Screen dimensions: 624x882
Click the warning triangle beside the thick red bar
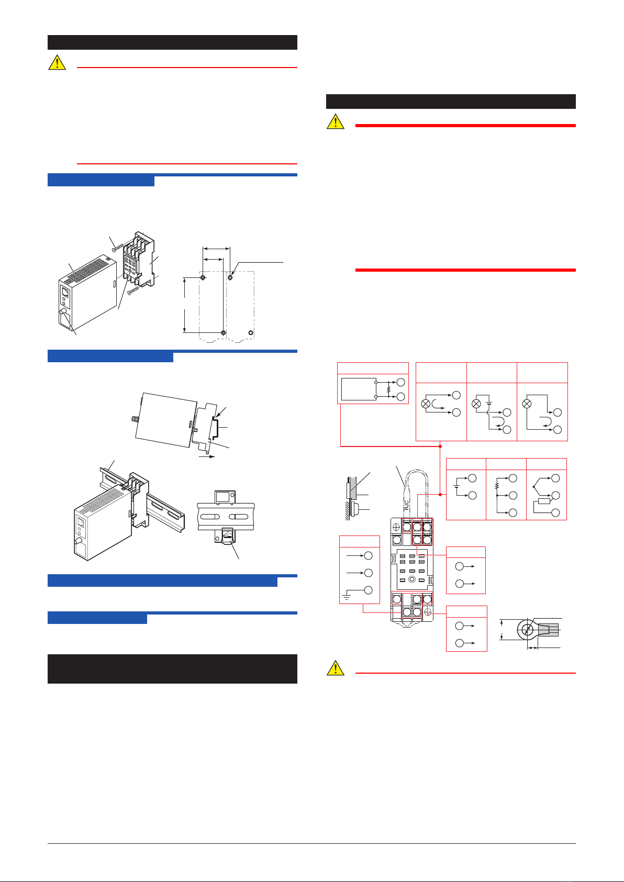click(336, 121)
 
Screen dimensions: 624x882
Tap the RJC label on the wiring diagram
click(407, 505)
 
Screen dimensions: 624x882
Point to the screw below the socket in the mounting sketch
click(134, 291)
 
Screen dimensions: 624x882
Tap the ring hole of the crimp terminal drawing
click(527, 630)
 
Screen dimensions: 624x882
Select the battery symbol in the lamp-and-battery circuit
click(489, 403)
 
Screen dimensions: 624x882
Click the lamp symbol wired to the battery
click(476, 404)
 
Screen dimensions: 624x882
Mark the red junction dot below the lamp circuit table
click(440, 446)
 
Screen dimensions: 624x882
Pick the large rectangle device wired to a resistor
click(359, 389)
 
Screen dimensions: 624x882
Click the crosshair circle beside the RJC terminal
click(396, 527)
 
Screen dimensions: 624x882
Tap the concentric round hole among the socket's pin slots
click(412, 579)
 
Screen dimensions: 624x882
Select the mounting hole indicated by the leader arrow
click(230, 277)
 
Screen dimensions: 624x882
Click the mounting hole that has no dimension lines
click(251, 333)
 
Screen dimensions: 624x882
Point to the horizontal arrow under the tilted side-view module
click(207, 457)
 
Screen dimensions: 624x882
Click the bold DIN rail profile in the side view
click(215, 429)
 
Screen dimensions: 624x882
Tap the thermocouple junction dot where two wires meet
click(533, 487)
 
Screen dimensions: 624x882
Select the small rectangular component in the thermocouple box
click(544, 501)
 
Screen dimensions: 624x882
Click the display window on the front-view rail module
click(223, 497)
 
